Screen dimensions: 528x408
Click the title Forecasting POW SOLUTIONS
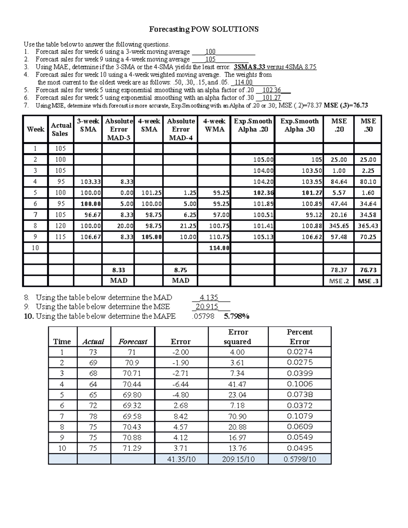click(204, 29)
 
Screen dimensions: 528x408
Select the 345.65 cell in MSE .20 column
click(339, 226)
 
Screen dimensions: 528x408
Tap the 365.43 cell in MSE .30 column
click(368, 226)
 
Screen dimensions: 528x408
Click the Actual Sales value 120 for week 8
click(60, 226)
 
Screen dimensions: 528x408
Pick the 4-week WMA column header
click(214, 125)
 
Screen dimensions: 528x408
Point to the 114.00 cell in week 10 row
click(219, 248)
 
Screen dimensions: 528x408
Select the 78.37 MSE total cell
click(339, 270)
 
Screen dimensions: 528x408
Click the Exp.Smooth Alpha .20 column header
click(253, 125)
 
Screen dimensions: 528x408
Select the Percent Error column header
click(299, 337)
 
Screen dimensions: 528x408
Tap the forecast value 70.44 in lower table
click(132, 384)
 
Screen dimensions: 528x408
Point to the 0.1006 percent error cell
click(300, 384)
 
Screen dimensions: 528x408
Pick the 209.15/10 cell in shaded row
click(238, 459)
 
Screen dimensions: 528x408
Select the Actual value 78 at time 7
click(93, 416)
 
